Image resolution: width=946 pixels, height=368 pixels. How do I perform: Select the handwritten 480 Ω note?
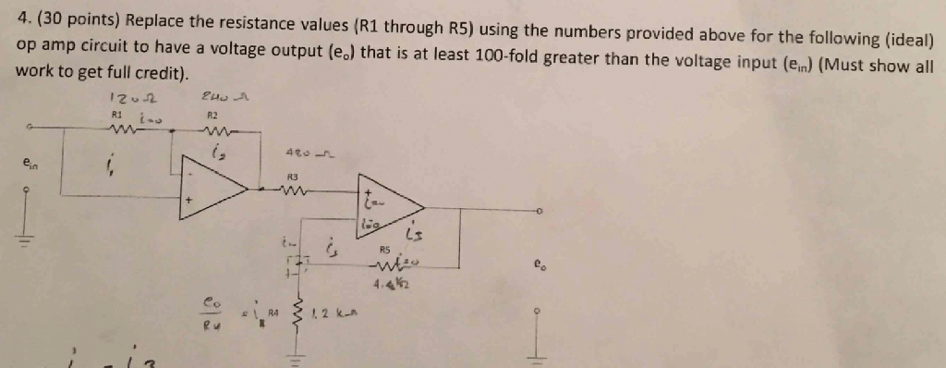pyautogui.click(x=308, y=153)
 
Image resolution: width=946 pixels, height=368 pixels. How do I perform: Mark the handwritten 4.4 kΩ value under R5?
pyautogui.click(x=388, y=283)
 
